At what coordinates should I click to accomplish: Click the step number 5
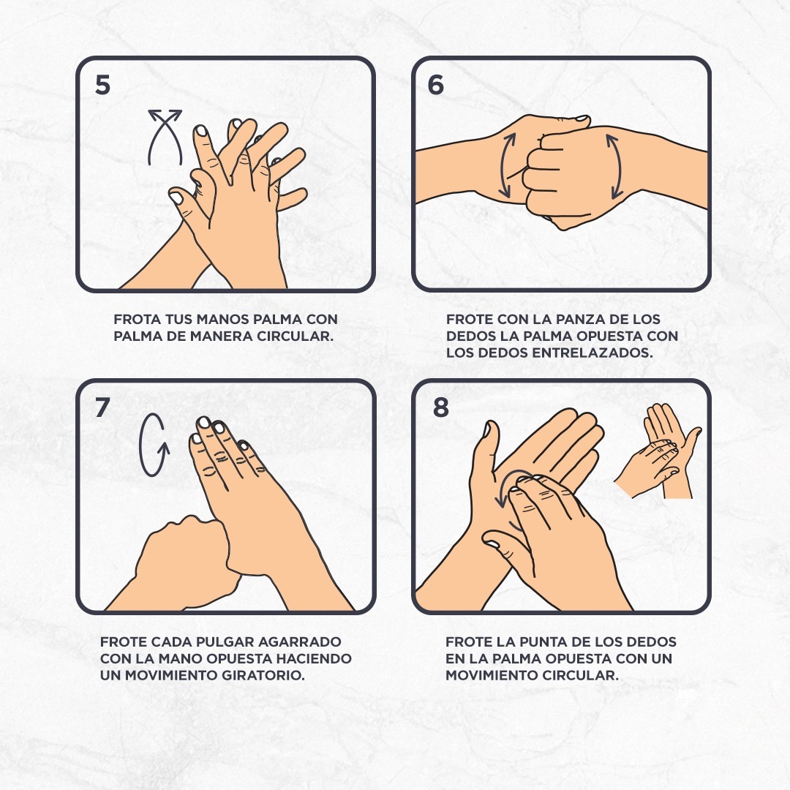102,85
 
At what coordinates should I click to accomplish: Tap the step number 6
436,85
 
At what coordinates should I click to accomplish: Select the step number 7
102,407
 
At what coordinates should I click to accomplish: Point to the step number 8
441,407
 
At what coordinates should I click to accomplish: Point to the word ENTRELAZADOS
592,353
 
